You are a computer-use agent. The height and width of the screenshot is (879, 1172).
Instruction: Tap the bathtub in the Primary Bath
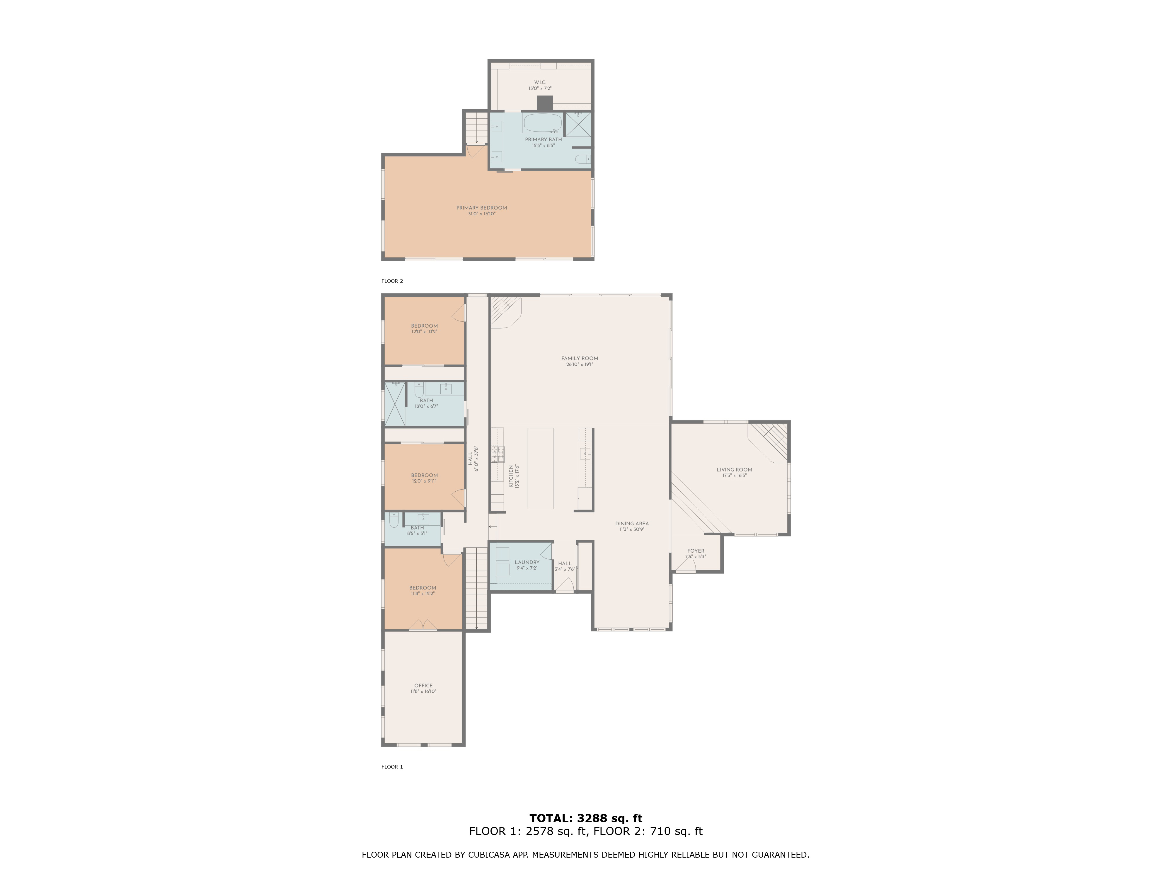pos(543,123)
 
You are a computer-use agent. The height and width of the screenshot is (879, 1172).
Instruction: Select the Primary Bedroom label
pos(482,208)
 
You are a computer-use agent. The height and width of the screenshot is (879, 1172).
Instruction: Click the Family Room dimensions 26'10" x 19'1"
pos(580,364)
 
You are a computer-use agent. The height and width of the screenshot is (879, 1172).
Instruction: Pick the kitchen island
pos(540,469)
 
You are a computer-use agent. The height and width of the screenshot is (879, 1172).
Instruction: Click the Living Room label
pos(734,469)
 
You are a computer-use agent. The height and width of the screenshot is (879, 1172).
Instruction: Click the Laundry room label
pos(527,562)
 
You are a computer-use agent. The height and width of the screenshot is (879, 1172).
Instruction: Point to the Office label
pos(423,686)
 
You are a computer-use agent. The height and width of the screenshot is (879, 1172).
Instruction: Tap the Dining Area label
pos(632,524)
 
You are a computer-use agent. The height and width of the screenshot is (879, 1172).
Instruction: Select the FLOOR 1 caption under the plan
pos(392,767)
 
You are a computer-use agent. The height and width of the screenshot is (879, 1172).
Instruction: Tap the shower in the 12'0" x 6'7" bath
pos(395,404)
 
